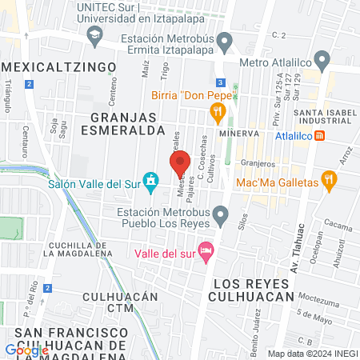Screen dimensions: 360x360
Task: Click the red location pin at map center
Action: pos(180,165)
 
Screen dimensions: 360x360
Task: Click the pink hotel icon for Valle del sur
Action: pos(206,251)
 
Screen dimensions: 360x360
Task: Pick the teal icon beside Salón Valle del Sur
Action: pos(150,180)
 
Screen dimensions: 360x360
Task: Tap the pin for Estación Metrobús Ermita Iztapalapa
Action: pos(225,40)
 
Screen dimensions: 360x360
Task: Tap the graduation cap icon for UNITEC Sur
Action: pos(94,35)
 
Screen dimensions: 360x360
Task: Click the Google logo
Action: pos(26,350)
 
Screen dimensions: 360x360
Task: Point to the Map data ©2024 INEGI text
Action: pos(312,354)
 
